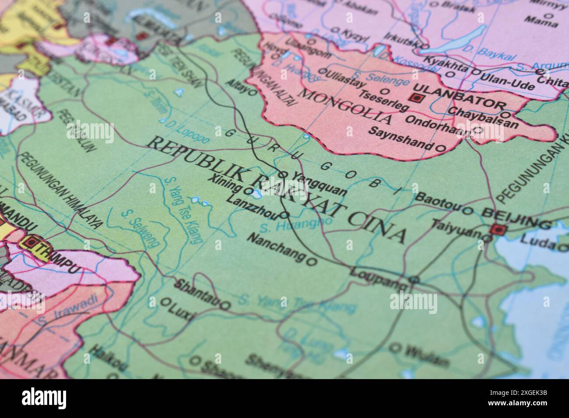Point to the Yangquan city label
tap(320, 184)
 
